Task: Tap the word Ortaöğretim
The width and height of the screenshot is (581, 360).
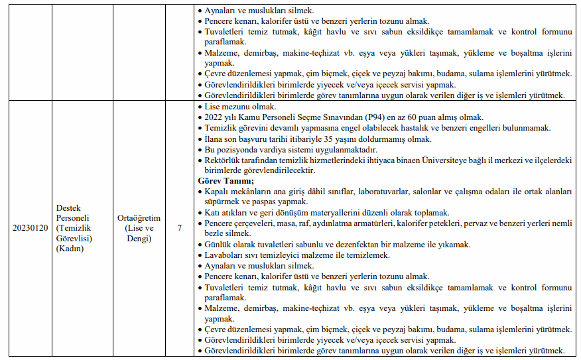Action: (139, 217)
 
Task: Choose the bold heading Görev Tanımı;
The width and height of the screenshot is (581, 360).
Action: (226, 180)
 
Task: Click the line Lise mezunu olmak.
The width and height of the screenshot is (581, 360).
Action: (241, 107)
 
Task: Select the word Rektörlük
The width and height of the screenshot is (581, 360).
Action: (226, 160)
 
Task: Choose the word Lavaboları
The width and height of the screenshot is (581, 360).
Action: (226, 255)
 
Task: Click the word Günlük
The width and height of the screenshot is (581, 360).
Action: (220, 245)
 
